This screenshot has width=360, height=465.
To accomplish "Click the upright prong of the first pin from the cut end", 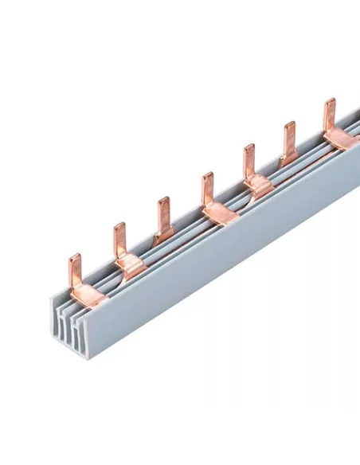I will coord(75,269).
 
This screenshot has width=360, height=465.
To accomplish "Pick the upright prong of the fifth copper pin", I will coord(249,158).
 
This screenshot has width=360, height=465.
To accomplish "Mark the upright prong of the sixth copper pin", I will coord(289,136).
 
